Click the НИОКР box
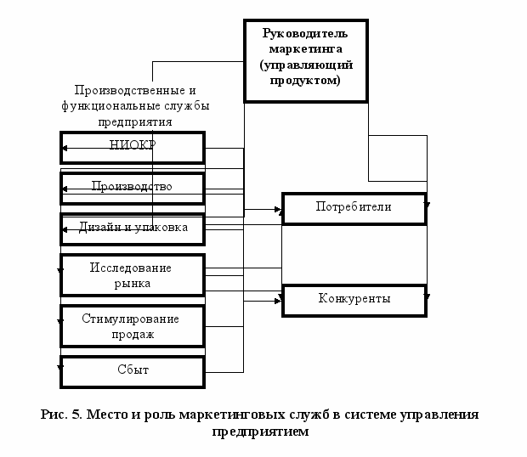click(133, 146)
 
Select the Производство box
click(133, 187)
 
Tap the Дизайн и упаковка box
click(133, 228)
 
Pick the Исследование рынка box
click(133, 274)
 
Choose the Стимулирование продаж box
click(133, 326)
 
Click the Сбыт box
click(133, 371)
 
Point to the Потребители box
click(354, 207)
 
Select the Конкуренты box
click(354, 300)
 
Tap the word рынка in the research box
click(133, 283)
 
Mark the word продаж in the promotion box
click(133, 334)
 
